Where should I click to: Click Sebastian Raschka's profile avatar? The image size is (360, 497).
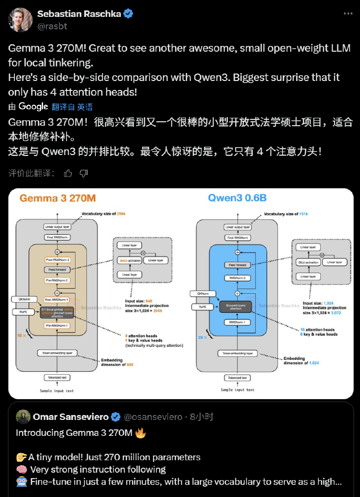coord(20,19)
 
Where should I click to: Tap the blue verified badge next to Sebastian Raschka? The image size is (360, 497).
coord(129,14)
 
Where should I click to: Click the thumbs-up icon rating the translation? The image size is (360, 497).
coord(68,173)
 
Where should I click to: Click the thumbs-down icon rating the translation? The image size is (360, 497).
coord(84,173)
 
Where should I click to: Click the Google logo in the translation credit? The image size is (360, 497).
coord(33,106)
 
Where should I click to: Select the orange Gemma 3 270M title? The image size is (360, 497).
coord(58,198)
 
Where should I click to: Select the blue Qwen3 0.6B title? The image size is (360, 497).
coord(238,198)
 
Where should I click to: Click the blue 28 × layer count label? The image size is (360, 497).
coord(202,337)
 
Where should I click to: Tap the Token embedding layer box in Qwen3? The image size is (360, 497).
coord(237,353)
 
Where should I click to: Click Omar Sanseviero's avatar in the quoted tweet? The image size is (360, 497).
coord(23,416)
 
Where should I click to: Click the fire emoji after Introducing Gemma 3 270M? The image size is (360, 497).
coord(141,432)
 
